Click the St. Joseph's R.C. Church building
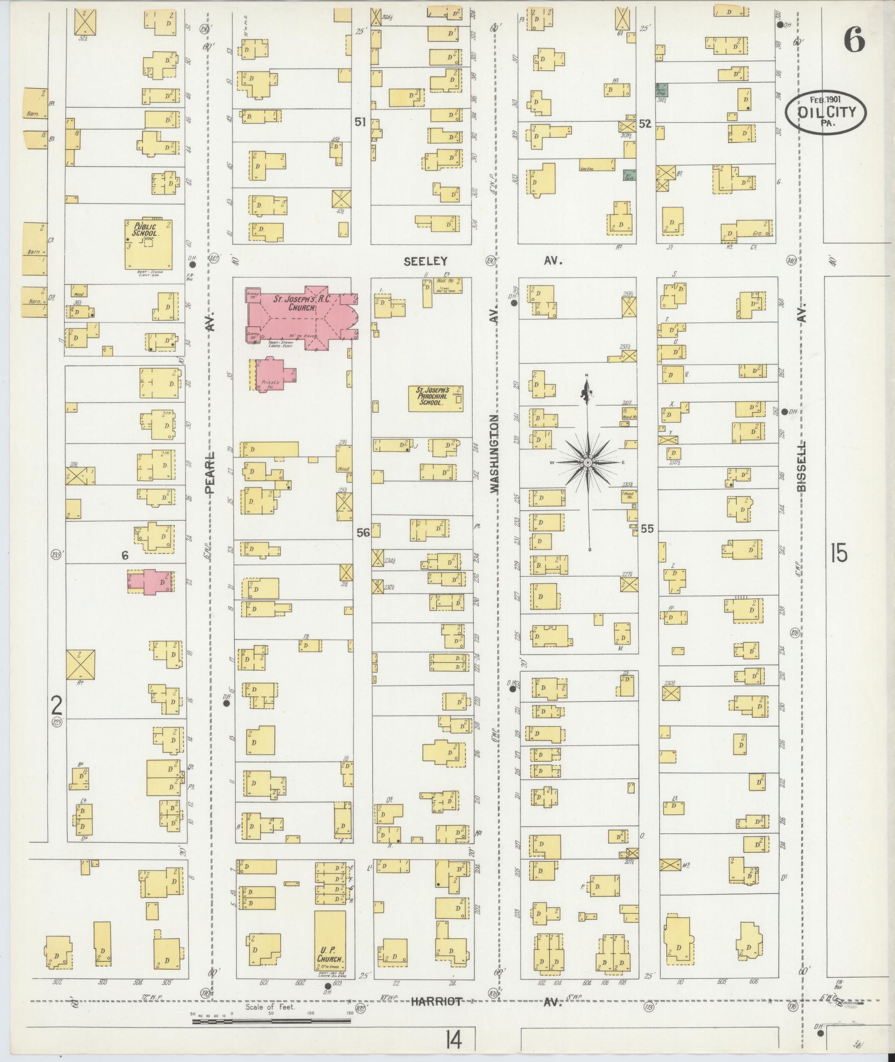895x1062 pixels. pyautogui.click(x=300, y=316)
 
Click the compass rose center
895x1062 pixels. pyautogui.click(x=587, y=462)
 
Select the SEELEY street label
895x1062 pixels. pyautogui.click(x=426, y=261)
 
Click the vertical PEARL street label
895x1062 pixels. pyautogui.click(x=209, y=472)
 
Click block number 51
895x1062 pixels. pyautogui.click(x=361, y=121)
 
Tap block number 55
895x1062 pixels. pyautogui.click(x=647, y=529)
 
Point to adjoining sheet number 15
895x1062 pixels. pyautogui.click(x=838, y=553)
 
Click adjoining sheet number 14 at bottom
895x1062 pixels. pyautogui.click(x=452, y=1038)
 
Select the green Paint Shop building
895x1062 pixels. pyautogui.click(x=663, y=89)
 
